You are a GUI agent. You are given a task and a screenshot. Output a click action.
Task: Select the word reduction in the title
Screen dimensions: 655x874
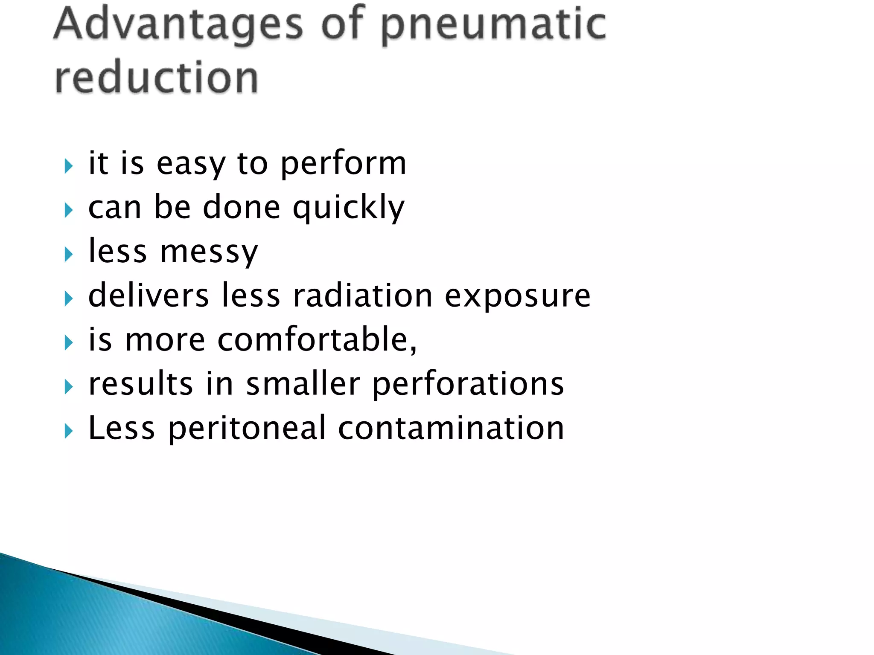tap(157, 77)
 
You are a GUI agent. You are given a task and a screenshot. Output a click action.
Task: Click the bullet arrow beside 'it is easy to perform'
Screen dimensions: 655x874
tap(69, 166)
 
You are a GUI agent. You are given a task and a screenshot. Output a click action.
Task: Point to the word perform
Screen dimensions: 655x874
tap(344, 164)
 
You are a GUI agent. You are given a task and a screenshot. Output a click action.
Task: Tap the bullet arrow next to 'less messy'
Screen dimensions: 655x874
tap(69, 255)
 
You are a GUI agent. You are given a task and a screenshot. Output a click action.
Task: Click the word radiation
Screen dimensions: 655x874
tap(363, 296)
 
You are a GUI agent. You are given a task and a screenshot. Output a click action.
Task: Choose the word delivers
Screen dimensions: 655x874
tap(149, 296)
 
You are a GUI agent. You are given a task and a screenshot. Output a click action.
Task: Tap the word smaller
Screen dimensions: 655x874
tap(303, 384)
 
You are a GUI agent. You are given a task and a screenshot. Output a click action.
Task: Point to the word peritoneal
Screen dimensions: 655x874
tap(247, 429)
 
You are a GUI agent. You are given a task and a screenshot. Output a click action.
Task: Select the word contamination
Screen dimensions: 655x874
tap(451, 428)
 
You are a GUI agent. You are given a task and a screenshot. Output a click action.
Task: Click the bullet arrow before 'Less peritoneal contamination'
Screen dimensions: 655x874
tap(69, 432)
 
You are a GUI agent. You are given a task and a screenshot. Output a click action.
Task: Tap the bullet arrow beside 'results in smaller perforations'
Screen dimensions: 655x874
tap(69, 387)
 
